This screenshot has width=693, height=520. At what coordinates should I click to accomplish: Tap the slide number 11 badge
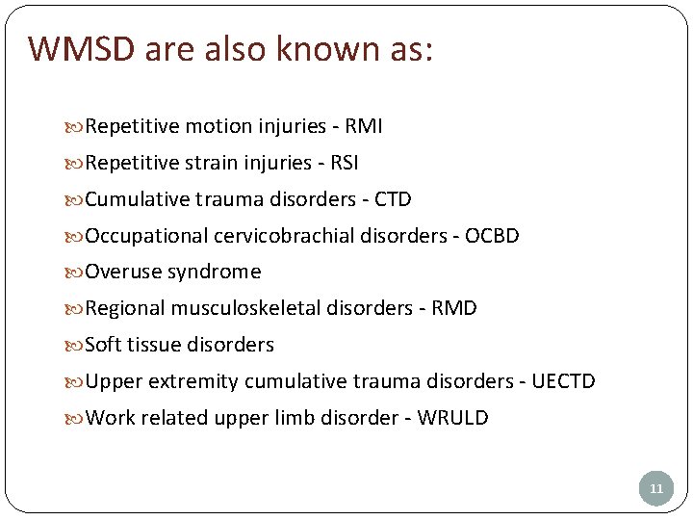pos(656,489)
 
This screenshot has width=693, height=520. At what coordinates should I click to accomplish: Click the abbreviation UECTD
pos(563,381)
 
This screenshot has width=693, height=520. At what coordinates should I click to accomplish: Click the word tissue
pos(156,345)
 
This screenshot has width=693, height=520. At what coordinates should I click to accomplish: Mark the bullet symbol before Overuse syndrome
pos(77,273)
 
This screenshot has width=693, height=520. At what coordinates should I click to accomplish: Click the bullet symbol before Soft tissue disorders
pos(77,345)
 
